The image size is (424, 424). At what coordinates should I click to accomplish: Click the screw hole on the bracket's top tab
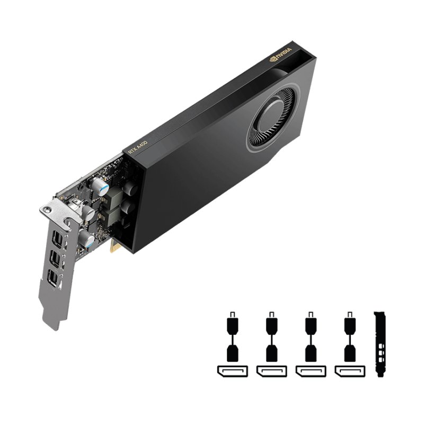[48, 211]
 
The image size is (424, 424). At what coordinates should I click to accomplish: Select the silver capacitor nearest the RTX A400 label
[100, 184]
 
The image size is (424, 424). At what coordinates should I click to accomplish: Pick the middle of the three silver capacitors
[86, 213]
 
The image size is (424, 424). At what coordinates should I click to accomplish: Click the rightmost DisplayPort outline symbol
[349, 370]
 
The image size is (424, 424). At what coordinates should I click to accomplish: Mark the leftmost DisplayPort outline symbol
[231, 370]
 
